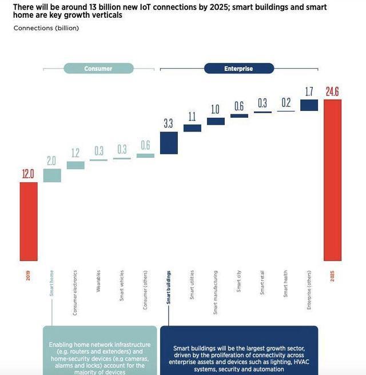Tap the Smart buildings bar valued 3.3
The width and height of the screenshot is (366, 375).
pyautogui.click(x=169, y=143)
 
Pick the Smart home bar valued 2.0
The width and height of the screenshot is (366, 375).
pyautogui.click(x=52, y=175)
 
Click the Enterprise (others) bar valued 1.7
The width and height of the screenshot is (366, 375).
pyautogui.click(x=309, y=105)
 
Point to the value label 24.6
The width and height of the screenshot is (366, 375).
pyautogui.click(x=333, y=91)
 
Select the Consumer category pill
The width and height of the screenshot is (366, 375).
pyautogui.click(x=98, y=69)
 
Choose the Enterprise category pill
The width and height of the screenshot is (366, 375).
pyautogui.click(x=239, y=69)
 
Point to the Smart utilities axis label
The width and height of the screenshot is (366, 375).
pyautogui.click(x=192, y=284)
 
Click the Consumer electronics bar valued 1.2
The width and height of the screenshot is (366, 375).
pyautogui.click(x=75, y=165)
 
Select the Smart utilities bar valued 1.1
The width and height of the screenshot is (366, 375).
pyautogui.click(x=192, y=128)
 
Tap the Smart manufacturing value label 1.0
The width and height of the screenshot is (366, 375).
pyautogui.click(x=216, y=109)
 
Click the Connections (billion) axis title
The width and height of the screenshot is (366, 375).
pyautogui.click(x=46, y=28)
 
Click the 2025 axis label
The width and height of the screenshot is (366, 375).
pyautogui.click(x=332, y=276)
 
